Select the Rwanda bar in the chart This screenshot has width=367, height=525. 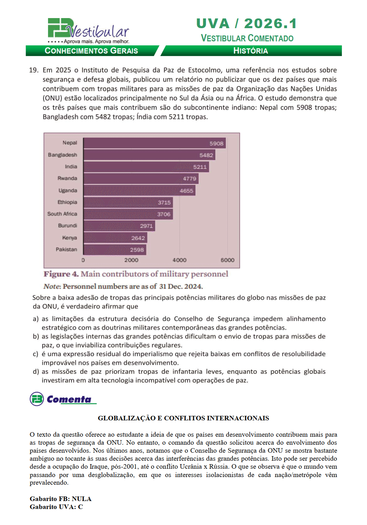pyautogui.click(x=141, y=179)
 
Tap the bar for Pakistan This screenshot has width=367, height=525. pyautogui.click(x=115, y=250)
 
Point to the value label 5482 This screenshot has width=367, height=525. pyautogui.click(x=206, y=155)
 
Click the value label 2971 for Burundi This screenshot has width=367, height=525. pyautogui.click(x=146, y=226)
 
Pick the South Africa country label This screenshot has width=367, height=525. pyautogui.click(x=62, y=214)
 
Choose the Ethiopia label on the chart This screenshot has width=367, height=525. pyautogui.click(x=67, y=202)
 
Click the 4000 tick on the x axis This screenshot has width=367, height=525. pyautogui.click(x=179, y=260)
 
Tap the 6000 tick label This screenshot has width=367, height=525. pyautogui.click(x=228, y=260)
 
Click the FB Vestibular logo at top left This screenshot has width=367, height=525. pyautogui.click(x=88, y=31)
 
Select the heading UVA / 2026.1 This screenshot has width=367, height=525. pyautogui.click(x=247, y=24)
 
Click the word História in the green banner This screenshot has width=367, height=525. pyautogui.click(x=250, y=51)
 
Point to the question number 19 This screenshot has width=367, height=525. pyautogui.click(x=34, y=70)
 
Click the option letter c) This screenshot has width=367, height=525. pyautogui.click(x=35, y=354)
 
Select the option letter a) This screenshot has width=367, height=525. pyautogui.click(x=35, y=319)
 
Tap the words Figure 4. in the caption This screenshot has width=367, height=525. pyautogui.click(x=61, y=274)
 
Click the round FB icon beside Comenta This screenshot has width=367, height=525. pyautogui.click(x=37, y=399)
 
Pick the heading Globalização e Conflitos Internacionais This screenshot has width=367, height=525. pyautogui.click(x=183, y=418)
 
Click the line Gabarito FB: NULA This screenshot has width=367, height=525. pyautogui.click(x=61, y=499)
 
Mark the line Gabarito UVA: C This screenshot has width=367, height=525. pyautogui.click(x=56, y=507)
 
